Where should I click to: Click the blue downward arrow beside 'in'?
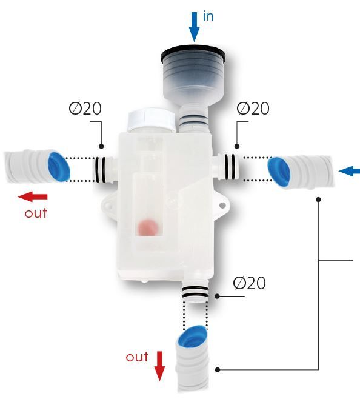tap(194, 27)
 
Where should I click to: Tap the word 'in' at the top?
tap(208, 16)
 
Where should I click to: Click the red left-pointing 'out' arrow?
tap(33, 196)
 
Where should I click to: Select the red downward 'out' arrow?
tap(159, 366)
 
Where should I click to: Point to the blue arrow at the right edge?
tap(349, 171)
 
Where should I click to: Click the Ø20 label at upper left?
tap(85, 109)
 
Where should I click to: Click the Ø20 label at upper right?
tap(253, 109)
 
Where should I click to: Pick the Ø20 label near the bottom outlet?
tap(249, 283)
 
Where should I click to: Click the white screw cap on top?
tap(152, 119)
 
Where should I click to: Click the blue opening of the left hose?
tap(59, 167)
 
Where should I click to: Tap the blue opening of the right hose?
tap(279, 172)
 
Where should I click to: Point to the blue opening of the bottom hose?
tap(192, 336)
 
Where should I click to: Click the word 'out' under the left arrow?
tap(36, 213)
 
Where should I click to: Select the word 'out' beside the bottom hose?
tap(137, 357)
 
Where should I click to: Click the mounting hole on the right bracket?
tap(222, 205)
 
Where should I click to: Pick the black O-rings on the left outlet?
tap(100, 170)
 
